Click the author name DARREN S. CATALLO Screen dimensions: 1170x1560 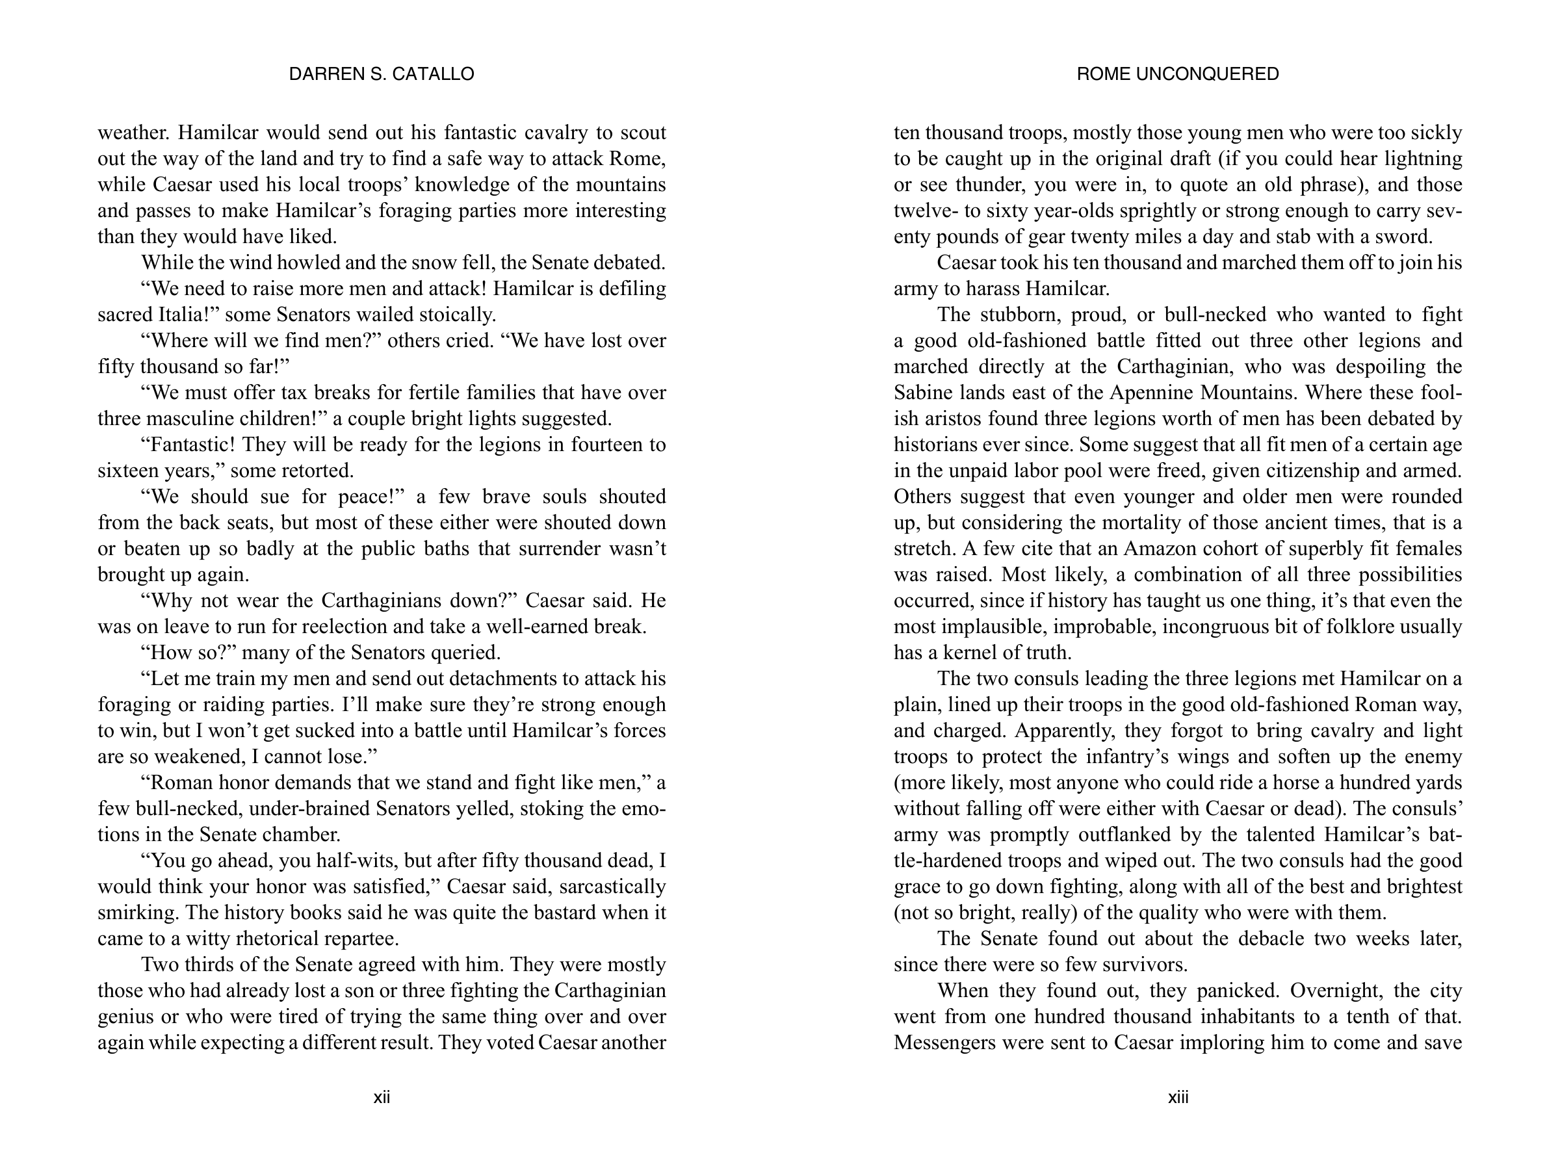pyautogui.click(x=382, y=74)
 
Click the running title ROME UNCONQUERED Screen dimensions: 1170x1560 pyautogui.click(x=1178, y=74)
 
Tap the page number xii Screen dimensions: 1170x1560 pyautogui.click(x=382, y=1097)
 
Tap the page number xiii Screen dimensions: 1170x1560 pyautogui.click(x=1178, y=1097)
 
